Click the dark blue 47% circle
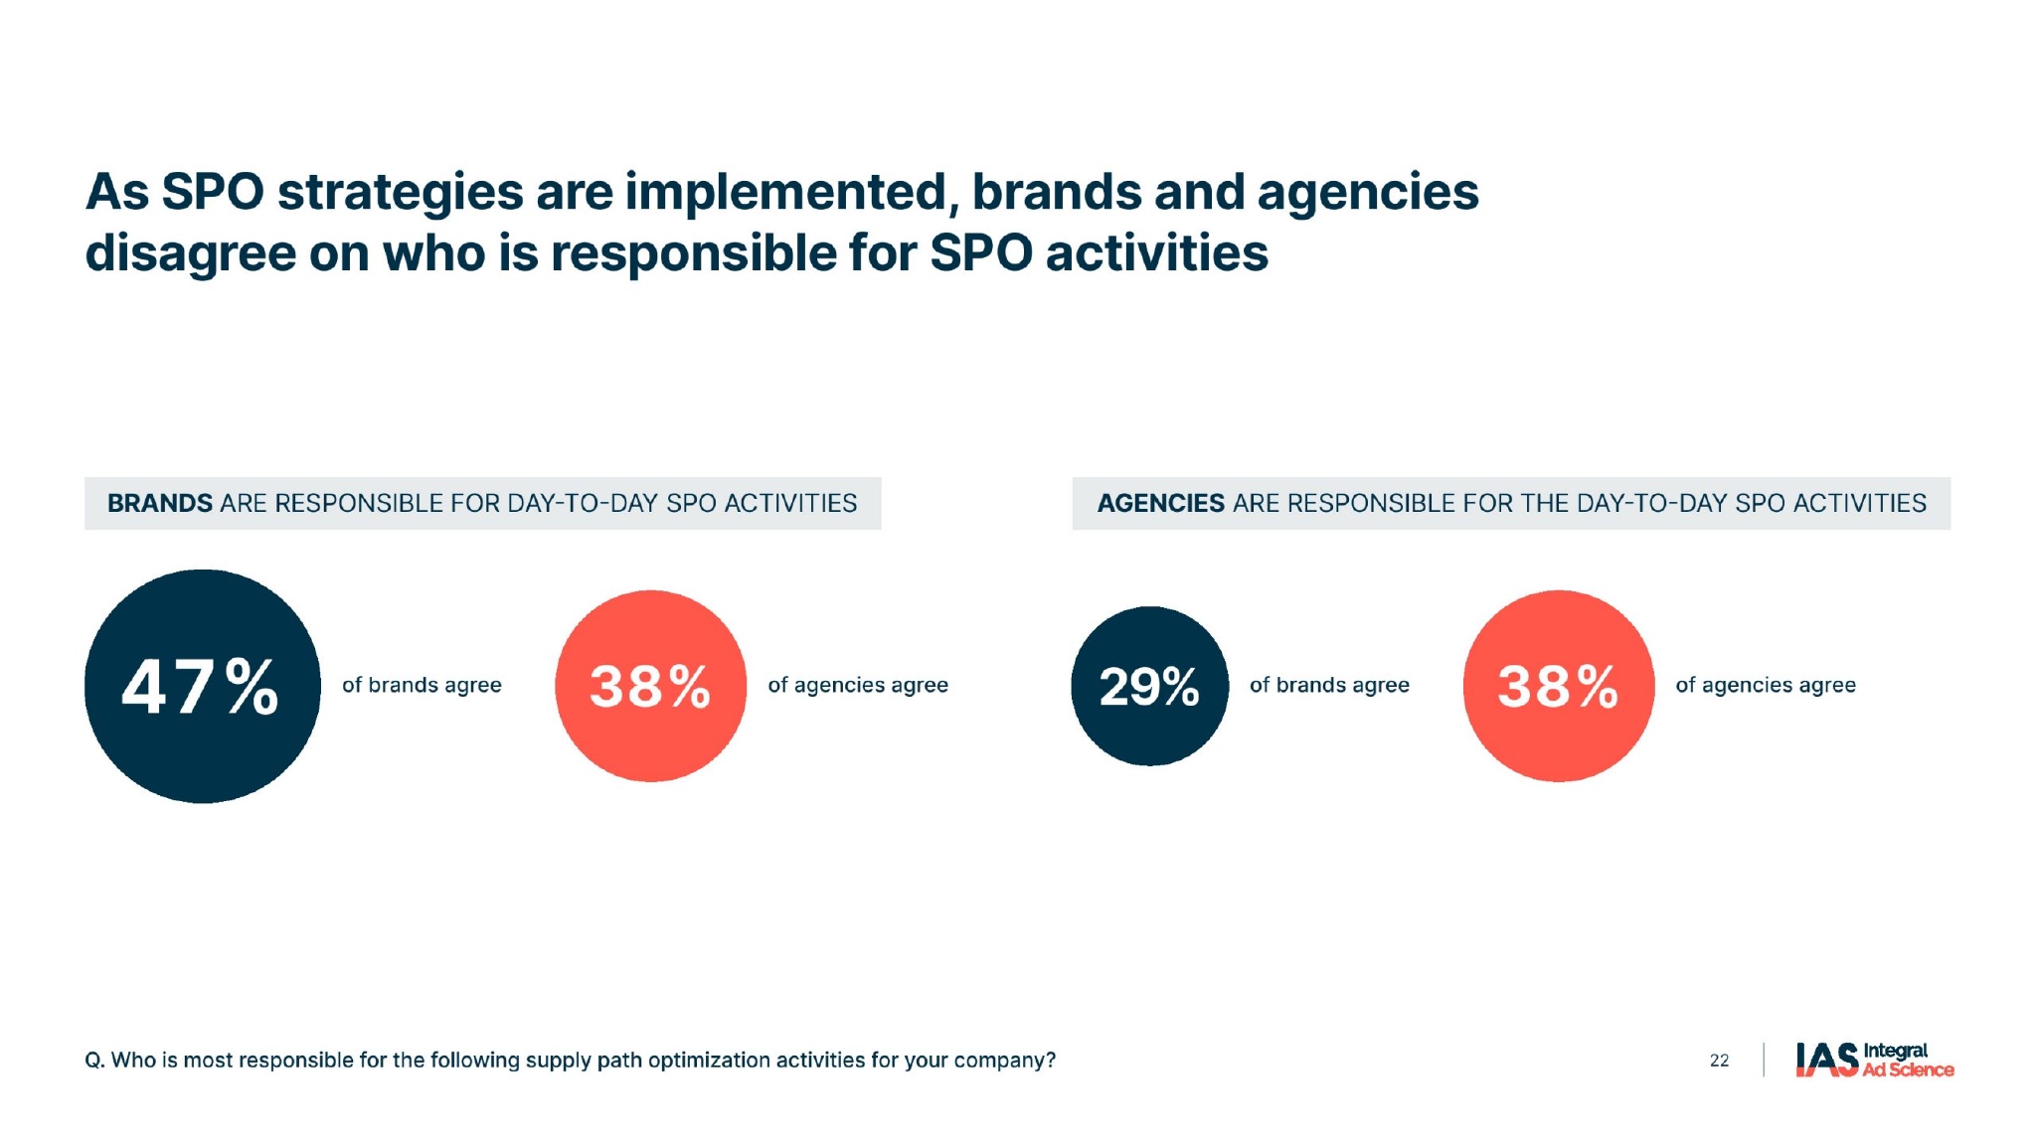(202, 686)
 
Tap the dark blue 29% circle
(1149, 686)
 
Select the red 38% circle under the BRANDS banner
(650, 686)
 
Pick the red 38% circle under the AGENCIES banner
(1558, 686)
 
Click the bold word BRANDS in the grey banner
(160, 503)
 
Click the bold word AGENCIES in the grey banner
(1160, 503)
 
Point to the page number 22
(1719, 1061)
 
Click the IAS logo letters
(1826, 1060)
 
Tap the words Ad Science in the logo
(1908, 1069)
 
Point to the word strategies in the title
(400, 192)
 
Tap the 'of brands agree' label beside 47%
(422, 685)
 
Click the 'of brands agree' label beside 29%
(1329, 685)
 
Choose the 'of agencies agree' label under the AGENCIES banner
(1766, 685)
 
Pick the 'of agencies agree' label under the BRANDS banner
(858, 685)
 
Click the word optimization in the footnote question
(709, 1061)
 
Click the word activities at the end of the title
(1157, 253)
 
